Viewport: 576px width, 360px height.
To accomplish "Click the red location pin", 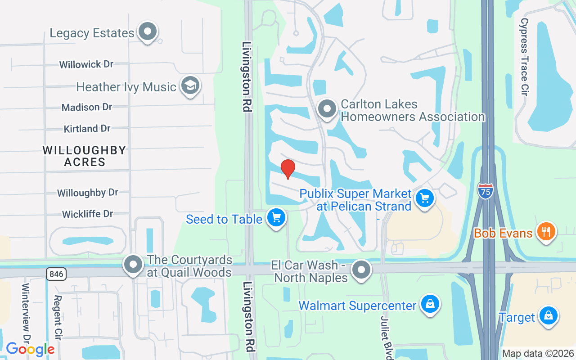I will click(x=288, y=169).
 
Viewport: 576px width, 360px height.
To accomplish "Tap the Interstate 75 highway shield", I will click(x=485, y=190).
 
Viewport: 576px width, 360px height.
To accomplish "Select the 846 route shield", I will click(x=56, y=273).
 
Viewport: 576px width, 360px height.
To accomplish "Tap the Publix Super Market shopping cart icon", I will click(x=424, y=198).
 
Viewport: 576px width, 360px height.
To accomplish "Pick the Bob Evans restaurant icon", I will click(x=546, y=232).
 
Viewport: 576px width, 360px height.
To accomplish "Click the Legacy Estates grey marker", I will click(x=148, y=31).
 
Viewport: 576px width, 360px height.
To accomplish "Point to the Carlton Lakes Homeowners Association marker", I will click(x=327, y=109).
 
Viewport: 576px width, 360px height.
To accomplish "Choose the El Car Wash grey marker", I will click(x=361, y=270).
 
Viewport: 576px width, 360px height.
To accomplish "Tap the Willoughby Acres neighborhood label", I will click(x=85, y=156).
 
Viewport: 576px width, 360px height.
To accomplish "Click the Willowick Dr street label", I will click(x=86, y=64).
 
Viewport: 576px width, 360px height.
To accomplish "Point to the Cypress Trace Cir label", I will click(x=524, y=56).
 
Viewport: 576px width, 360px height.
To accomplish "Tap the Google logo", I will click(x=30, y=349).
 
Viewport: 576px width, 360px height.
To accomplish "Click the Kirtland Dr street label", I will click(x=87, y=129).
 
